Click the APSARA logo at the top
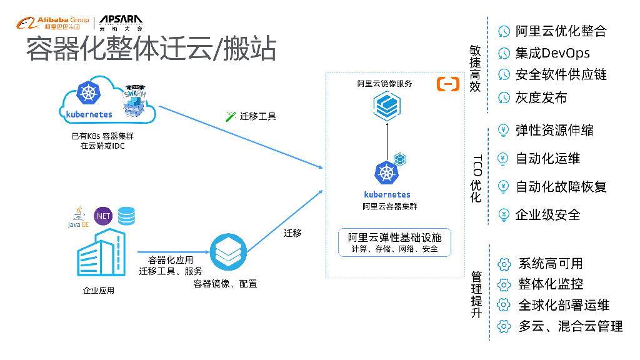point(121,23)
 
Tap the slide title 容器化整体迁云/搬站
point(151,49)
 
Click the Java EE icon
point(78,216)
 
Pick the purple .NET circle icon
point(103,216)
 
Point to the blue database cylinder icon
point(127,216)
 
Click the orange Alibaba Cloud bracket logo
point(447,84)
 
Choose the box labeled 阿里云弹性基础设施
point(394,242)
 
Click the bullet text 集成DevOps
point(552,53)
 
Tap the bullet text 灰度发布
point(541,97)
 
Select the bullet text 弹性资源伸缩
point(554,131)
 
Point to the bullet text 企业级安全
point(547,215)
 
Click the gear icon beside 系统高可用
point(504,264)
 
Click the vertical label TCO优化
point(476,178)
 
